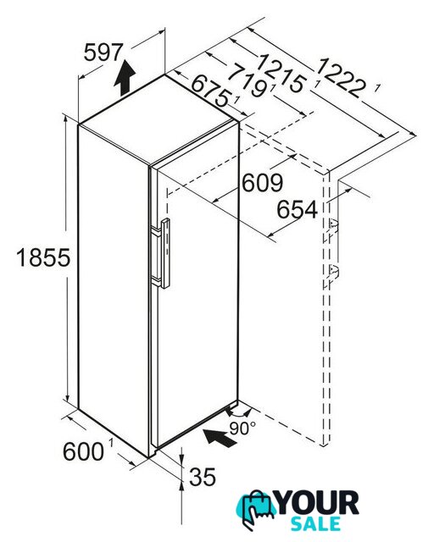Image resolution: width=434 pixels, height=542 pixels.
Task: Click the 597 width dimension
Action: [103, 53]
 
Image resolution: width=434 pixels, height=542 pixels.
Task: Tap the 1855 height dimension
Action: [43, 257]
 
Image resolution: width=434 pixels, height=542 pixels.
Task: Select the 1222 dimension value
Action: [341, 77]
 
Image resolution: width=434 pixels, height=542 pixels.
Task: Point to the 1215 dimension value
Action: [281, 73]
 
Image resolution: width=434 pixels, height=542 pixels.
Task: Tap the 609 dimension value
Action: [262, 183]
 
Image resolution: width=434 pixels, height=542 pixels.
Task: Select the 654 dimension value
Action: [298, 209]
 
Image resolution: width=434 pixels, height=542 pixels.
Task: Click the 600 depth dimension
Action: [83, 451]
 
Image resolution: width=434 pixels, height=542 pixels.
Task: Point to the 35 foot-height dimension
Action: [203, 478]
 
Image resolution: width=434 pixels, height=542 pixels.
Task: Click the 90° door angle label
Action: [242, 429]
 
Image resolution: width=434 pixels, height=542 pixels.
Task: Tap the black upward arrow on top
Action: [125, 78]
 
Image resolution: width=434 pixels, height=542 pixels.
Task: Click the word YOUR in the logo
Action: [318, 503]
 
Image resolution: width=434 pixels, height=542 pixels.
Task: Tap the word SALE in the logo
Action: [315, 523]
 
